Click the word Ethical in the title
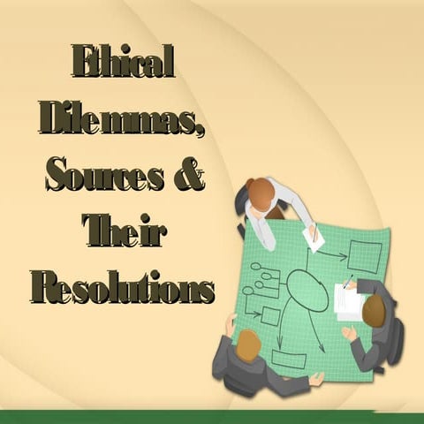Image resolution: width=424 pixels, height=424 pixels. pyautogui.click(x=124, y=63)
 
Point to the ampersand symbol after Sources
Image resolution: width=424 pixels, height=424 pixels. pyautogui.click(x=189, y=175)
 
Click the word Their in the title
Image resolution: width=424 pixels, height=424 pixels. pyautogui.click(x=124, y=231)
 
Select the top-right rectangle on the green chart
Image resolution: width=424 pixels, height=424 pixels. pyautogui.click(x=364, y=256)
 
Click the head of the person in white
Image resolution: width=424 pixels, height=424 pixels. pyautogui.click(x=261, y=193)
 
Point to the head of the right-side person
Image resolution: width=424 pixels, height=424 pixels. pyautogui.click(x=375, y=310)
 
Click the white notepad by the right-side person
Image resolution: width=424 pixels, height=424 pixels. pyautogui.click(x=350, y=302)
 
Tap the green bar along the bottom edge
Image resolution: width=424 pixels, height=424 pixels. pyautogui.click(x=212, y=416)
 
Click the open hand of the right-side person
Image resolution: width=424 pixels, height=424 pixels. pyautogui.click(x=349, y=334)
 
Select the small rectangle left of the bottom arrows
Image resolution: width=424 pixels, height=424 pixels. pyautogui.click(x=270, y=316)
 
